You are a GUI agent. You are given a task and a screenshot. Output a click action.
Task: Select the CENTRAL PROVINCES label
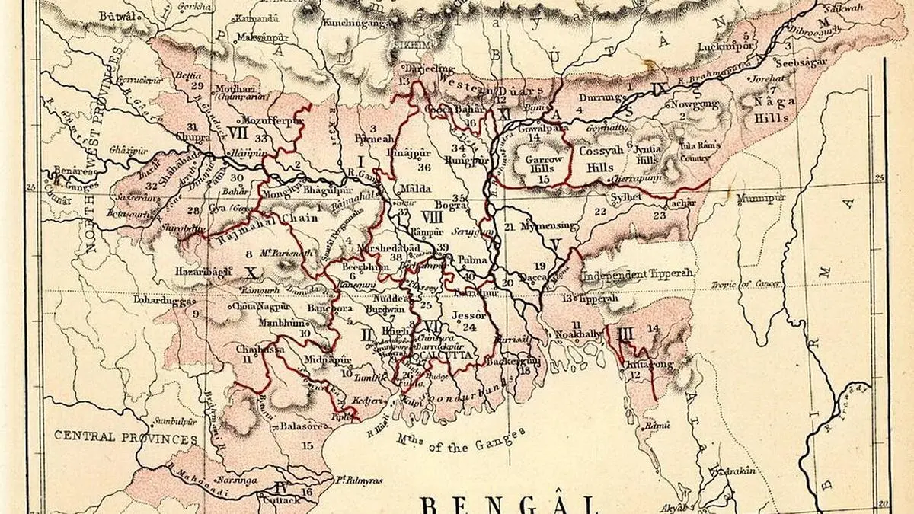(126, 439)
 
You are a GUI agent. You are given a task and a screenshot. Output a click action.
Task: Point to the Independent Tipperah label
(638, 274)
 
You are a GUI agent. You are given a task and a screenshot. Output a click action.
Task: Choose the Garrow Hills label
(543, 165)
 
